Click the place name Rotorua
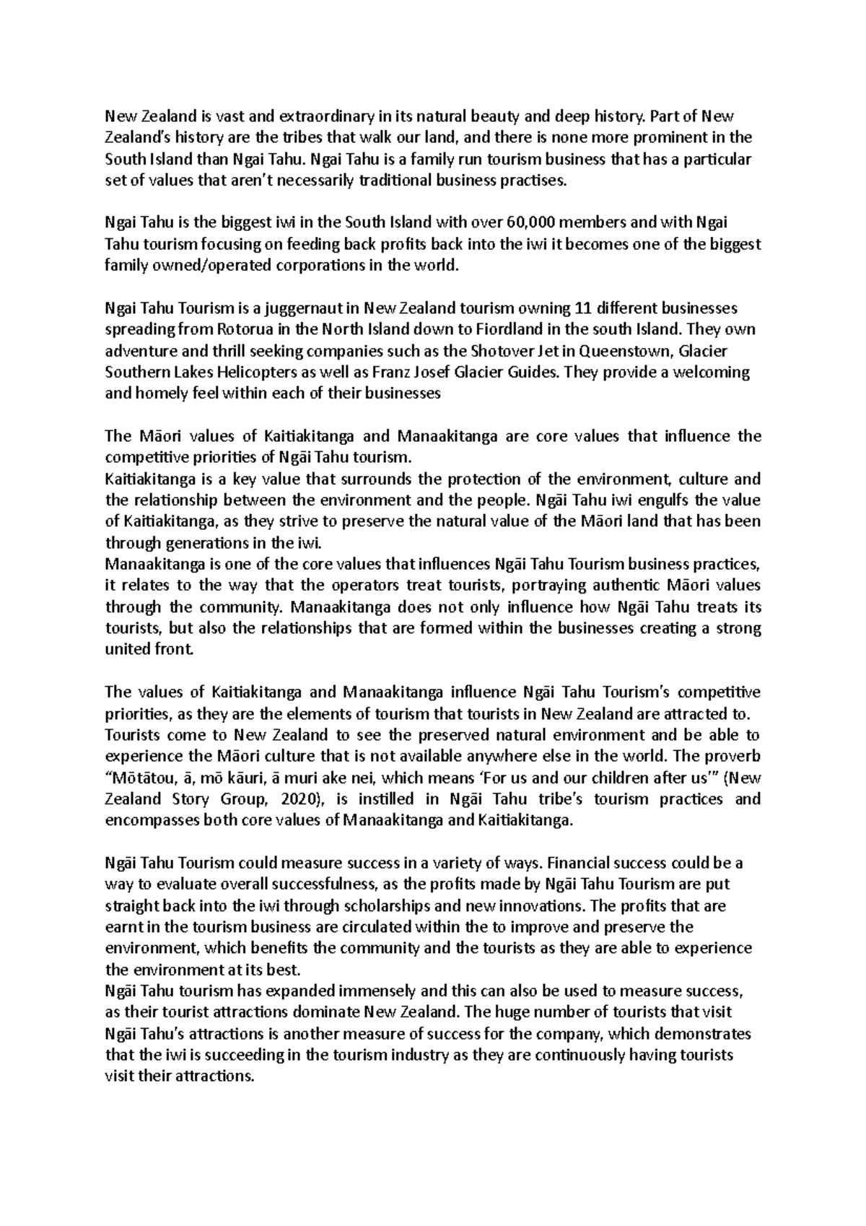pos(245,330)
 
